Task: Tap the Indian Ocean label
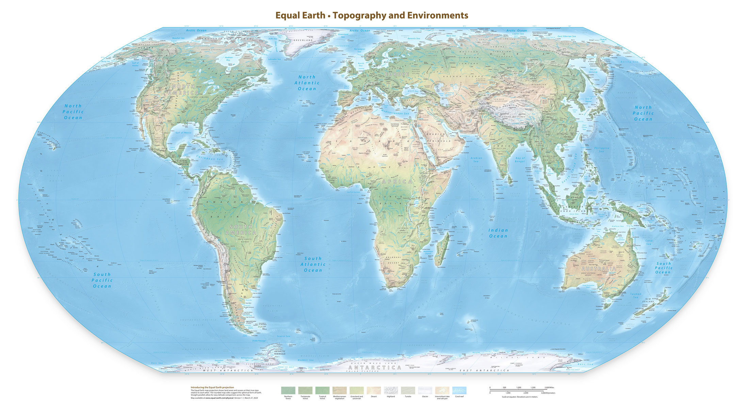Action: (498, 233)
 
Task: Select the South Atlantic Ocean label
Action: (313, 264)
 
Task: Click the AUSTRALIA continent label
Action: (599, 269)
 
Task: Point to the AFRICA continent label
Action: (397, 182)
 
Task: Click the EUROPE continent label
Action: (397, 74)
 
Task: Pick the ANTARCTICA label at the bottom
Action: (375, 368)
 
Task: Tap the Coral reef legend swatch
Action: (459, 390)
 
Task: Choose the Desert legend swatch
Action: (374, 390)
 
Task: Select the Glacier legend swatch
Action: (425, 390)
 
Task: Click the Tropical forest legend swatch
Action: (322, 390)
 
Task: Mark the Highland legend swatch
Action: (391, 390)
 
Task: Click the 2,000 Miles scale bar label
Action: (549, 387)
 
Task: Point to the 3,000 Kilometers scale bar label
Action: (548, 393)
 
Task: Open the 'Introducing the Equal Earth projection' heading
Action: (212, 387)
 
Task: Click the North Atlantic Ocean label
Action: (307, 83)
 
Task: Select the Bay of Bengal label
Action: (520, 159)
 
